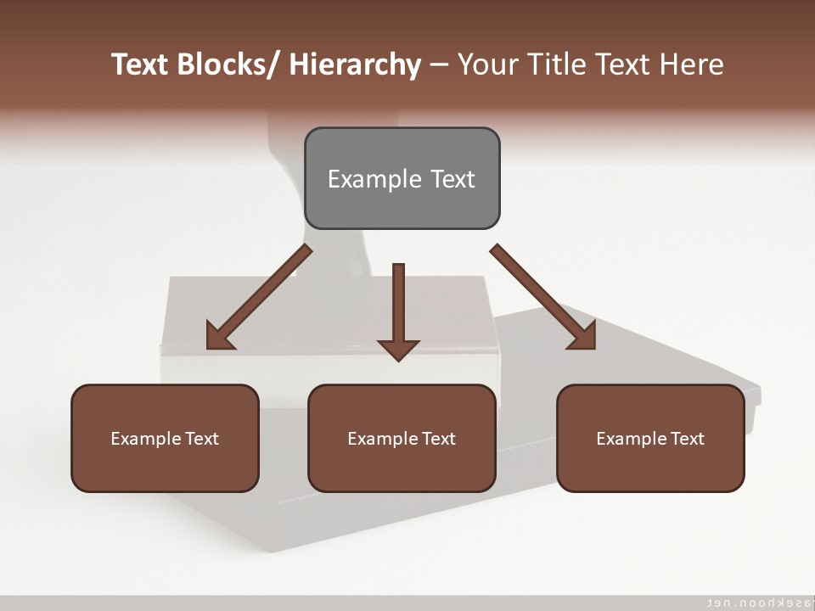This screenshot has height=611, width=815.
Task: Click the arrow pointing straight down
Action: tap(398, 310)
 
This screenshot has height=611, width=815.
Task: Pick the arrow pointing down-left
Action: tap(259, 297)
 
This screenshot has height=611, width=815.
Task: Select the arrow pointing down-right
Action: tap(543, 297)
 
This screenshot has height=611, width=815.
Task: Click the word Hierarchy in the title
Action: tap(355, 64)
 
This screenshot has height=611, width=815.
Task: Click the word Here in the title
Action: tap(689, 64)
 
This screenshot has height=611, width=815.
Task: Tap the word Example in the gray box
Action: tap(374, 180)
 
